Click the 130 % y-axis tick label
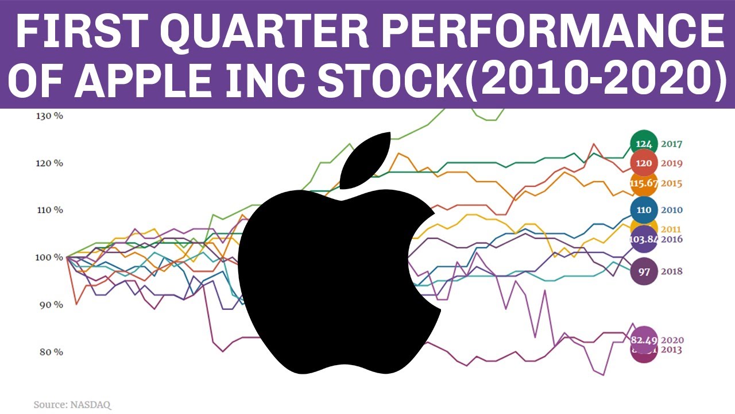[49, 116]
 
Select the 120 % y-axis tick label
[49, 163]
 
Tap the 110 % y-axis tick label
[49, 210]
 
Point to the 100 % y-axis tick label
[49, 257]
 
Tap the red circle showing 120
[644, 163]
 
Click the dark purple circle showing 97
[644, 271]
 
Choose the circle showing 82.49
[644, 339]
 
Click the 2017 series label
[671, 144]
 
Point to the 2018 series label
[671, 271]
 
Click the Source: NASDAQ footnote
[72, 405]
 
